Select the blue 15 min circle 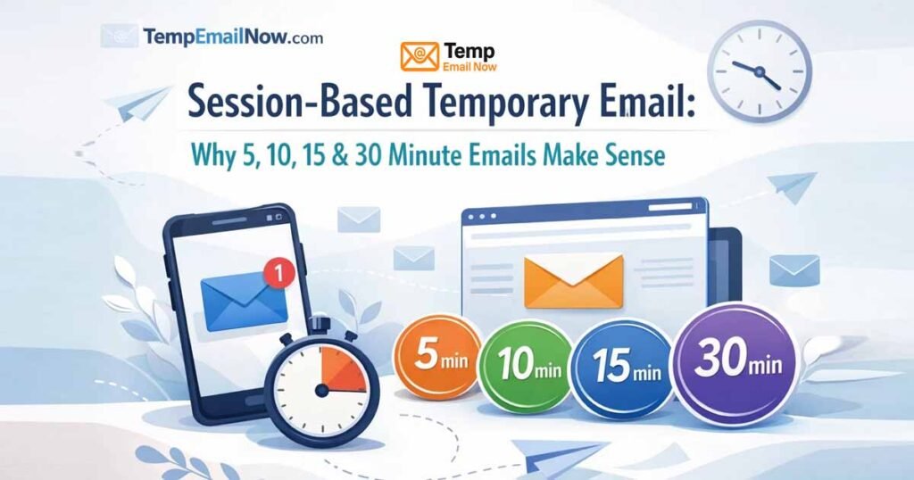click(x=622, y=366)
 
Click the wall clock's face click(x=759, y=68)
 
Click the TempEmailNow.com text click(x=233, y=37)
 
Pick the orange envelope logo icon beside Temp click(x=420, y=55)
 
